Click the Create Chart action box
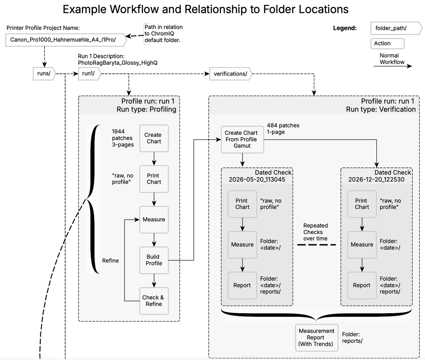point(154,138)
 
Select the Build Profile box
point(154,260)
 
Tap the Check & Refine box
point(154,301)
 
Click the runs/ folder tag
point(44,73)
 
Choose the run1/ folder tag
point(90,73)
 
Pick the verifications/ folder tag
point(231,74)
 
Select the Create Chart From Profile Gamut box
point(242,140)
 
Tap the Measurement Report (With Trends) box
point(317,338)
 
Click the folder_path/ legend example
point(396,28)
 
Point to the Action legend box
point(387,43)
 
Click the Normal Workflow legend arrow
point(393,66)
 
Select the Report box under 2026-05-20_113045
point(242,285)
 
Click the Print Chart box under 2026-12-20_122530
point(362,204)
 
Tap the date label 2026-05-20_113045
point(257,179)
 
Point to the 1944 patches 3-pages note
point(123,138)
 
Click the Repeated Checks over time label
point(316,232)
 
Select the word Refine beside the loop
point(110,261)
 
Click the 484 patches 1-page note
point(283,129)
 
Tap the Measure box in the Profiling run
point(154,220)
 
